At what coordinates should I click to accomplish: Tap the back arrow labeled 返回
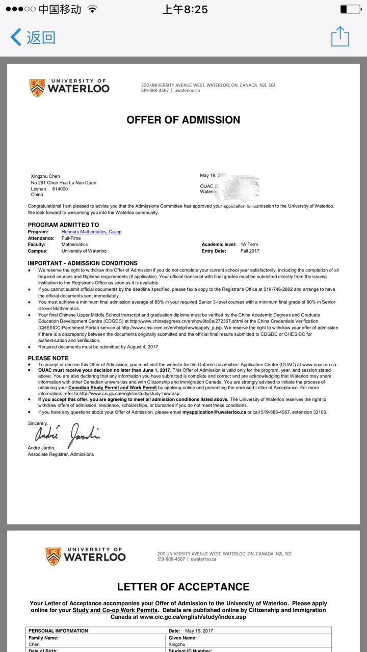coord(33,37)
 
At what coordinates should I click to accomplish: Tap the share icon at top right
coord(340,37)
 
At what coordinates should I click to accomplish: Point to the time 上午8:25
coord(185,9)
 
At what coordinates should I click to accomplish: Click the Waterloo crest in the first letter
coord(37,88)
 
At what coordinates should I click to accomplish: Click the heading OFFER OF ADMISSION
coord(183,120)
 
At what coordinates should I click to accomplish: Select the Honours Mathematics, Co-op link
coord(91,232)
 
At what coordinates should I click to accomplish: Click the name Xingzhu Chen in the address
coord(45,176)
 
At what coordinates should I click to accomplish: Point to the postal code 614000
coord(60,189)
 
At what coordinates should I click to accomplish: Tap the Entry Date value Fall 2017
coord(250,251)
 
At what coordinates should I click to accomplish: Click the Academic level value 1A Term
coord(249,244)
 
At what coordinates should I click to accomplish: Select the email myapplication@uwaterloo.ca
coord(214,412)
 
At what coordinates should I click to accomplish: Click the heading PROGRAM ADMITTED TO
coord(63,225)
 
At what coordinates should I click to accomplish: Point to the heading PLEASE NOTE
coord(48,358)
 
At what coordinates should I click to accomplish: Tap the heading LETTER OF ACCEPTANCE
coord(183,587)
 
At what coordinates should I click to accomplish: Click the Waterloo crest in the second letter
coord(53,556)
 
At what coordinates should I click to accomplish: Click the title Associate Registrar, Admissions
coord(61,454)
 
